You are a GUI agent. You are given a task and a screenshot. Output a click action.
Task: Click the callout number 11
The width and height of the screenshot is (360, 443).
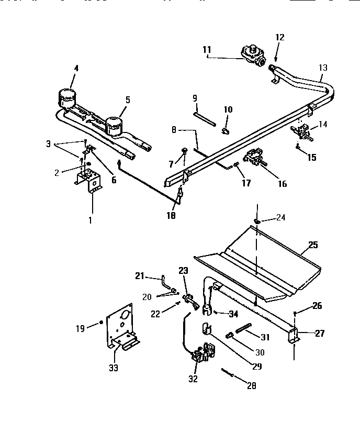coord(206,49)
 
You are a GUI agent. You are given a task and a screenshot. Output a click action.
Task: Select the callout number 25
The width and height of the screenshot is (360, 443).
coord(313,245)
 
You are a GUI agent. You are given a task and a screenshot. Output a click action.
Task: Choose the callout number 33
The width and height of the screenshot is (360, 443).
coord(114,368)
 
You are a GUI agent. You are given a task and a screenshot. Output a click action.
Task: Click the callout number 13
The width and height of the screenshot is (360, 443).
coord(323,67)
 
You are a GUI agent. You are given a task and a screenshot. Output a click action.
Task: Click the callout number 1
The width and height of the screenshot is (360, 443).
coord(89,220)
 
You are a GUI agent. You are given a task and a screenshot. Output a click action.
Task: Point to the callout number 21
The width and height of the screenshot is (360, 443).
coord(139,275)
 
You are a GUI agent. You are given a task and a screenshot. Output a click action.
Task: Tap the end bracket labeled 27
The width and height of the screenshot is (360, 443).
coord(293,336)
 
